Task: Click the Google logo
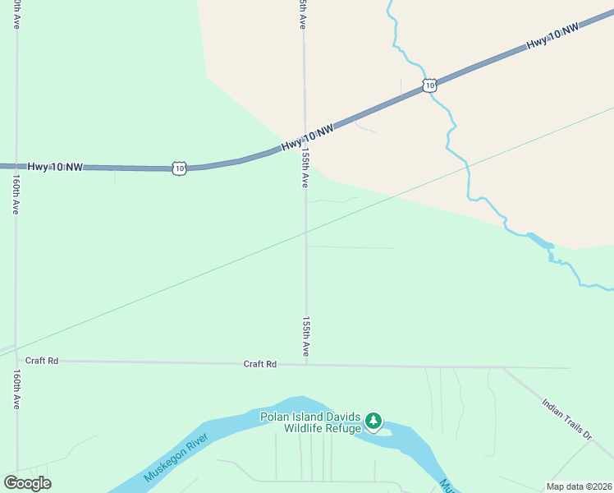coord(27,483)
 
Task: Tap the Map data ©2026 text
coord(579,486)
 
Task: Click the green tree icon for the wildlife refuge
coord(374,422)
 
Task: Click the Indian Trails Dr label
coord(567,418)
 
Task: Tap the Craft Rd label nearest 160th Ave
coord(42,361)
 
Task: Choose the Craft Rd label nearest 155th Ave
coord(260,363)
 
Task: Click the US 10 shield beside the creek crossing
coord(429,85)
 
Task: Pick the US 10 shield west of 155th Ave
coord(180,168)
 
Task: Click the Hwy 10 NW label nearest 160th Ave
coord(56,167)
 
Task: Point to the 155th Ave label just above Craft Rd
coord(306,337)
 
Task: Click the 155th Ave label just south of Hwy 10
coord(305,168)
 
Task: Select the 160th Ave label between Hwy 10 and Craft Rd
coord(16,195)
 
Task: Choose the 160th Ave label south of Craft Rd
coord(16,389)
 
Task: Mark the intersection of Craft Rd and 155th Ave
coord(307,365)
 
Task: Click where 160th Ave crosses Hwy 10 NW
coord(16,166)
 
